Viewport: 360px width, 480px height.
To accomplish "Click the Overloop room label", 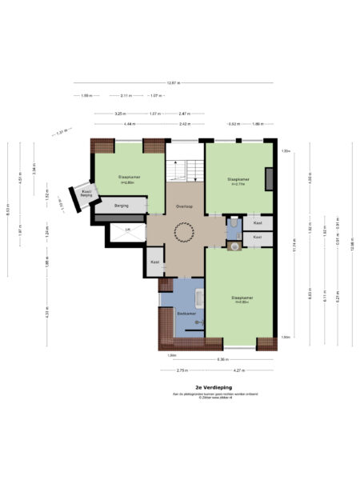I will [182, 206].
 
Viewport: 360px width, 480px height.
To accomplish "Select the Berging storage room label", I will [122, 206].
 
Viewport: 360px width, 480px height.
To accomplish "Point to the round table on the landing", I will [183, 234].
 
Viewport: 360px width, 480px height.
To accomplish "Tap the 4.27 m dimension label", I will [238, 370].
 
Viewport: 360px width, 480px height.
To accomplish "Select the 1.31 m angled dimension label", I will [59, 133].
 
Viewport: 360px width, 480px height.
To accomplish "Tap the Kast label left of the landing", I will [154, 262].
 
